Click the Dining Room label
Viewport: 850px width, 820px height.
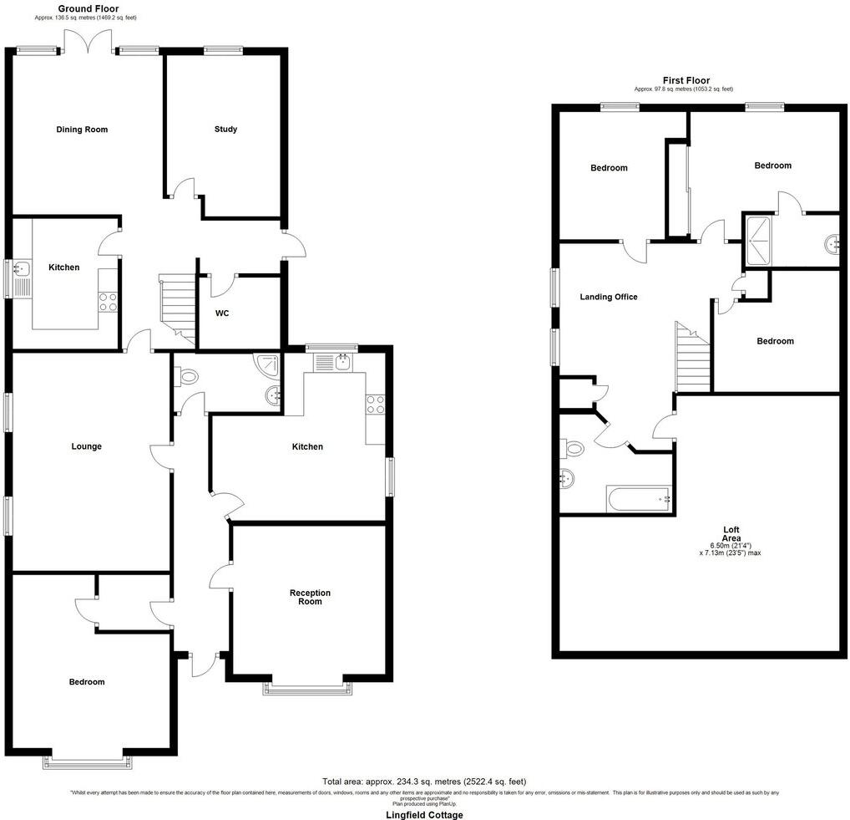click(x=82, y=130)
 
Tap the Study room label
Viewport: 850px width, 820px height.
click(x=225, y=130)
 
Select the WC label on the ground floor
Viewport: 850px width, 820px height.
click(x=222, y=314)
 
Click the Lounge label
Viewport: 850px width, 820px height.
click(x=86, y=446)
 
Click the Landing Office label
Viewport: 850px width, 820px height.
click(x=609, y=297)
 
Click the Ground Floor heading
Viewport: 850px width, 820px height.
click(x=88, y=8)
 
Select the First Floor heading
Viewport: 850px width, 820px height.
click(x=686, y=80)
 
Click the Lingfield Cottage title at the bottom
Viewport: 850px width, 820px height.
click(x=424, y=814)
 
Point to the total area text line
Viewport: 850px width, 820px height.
click(x=424, y=781)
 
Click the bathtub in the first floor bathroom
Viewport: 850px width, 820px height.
click(x=640, y=500)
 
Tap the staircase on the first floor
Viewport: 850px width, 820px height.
click(x=692, y=359)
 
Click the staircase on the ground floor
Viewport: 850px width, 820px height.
click(x=176, y=308)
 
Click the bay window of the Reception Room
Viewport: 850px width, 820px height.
click(x=307, y=688)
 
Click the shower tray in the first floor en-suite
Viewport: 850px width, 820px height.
click(x=759, y=240)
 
